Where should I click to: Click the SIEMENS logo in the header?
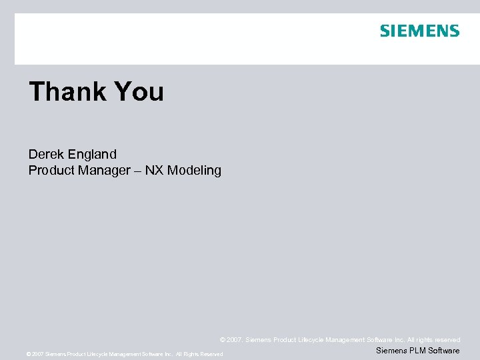[x=419, y=31]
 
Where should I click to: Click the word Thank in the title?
[x=64, y=91]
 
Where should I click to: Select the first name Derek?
[x=45, y=155]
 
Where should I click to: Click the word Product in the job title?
[x=51, y=170]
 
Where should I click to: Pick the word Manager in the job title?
[x=105, y=170]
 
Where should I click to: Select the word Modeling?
[x=194, y=170]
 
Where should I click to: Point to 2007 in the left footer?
[x=38, y=355]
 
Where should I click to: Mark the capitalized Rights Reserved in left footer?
[x=203, y=355]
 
